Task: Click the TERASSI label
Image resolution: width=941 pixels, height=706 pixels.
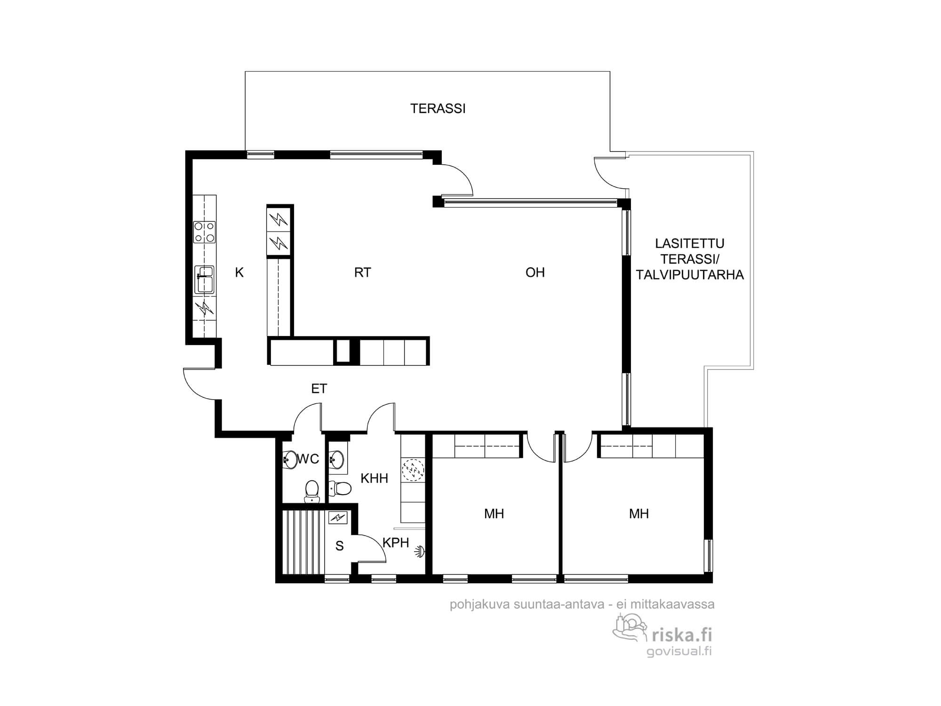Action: pyautogui.click(x=438, y=109)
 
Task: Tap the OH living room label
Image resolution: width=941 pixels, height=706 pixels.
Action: pyautogui.click(x=535, y=273)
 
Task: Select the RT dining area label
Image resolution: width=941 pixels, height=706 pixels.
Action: pyautogui.click(x=362, y=273)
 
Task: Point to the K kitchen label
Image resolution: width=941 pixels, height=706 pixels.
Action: pyautogui.click(x=239, y=273)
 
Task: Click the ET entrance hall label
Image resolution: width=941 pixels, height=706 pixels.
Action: pyautogui.click(x=319, y=389)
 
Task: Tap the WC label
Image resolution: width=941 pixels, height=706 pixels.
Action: pyautogui.click(x=308, y=459)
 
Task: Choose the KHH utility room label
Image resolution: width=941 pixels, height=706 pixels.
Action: pyautogui.click(x=375, y=479)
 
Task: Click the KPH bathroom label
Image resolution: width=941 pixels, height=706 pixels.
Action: pyautogui.click(x=396, y=543)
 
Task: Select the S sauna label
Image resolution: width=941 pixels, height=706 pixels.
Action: pyautogui.click(x=339, y=546)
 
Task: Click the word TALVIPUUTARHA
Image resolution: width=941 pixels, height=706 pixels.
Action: pyautogui.click(x=690, y=275)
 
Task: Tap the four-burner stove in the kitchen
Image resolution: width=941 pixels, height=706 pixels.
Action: pyautogui.click(x=205, y=232)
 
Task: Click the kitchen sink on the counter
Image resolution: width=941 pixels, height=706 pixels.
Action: pyautogui.click(x=205, y=280)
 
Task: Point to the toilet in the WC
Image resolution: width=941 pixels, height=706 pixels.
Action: pyautogui.click(x=311, y=491)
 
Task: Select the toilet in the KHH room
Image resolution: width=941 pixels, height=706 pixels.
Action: pyautogui.click(x=340, y=489)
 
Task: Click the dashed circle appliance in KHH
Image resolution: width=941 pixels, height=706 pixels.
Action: pyautogui.click(x=413, y=470)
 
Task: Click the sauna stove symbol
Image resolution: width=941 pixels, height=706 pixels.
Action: pyautogui.click(x=338, y=518)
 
